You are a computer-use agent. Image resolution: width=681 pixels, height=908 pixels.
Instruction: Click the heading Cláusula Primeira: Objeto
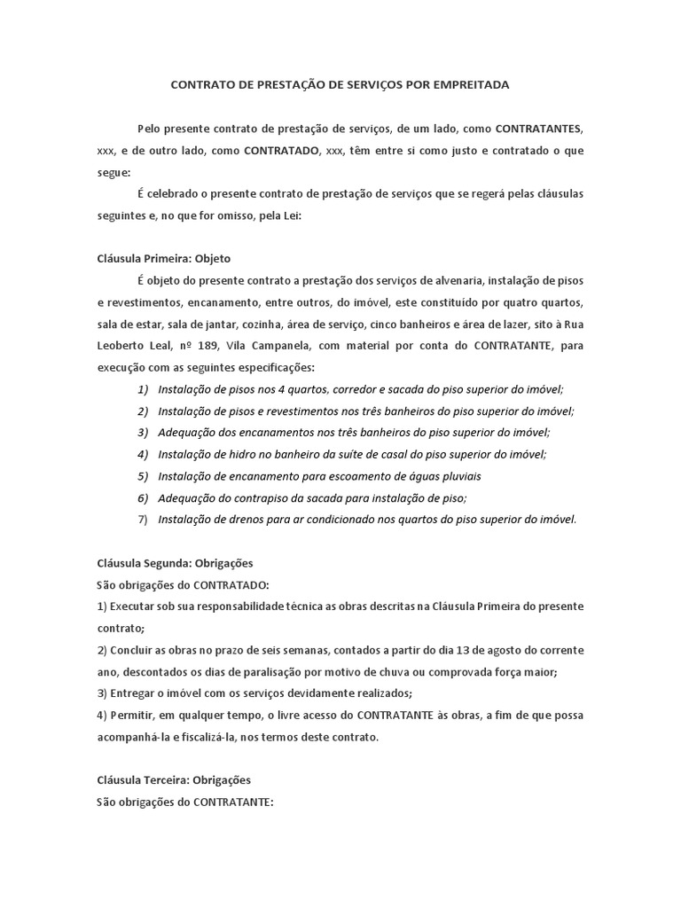point(163,259)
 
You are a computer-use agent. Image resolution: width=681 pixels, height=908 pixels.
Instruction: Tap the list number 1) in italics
point(143,388)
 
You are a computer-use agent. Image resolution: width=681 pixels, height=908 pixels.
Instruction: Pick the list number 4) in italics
point(143,454)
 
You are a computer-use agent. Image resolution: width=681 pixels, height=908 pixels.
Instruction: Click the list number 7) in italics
point(143,519)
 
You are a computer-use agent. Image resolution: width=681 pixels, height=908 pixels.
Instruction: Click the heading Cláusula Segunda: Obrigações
point(175,562)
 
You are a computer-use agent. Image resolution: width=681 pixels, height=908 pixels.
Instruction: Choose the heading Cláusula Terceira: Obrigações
point(174,780)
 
